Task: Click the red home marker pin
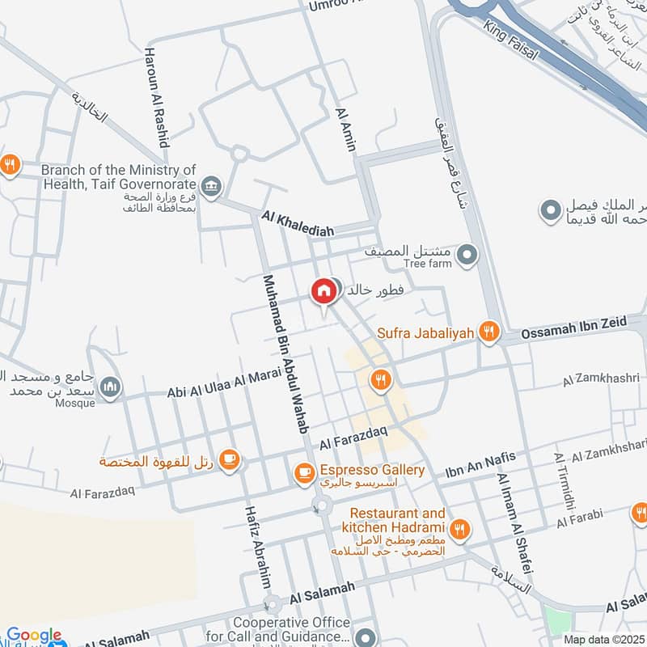323,291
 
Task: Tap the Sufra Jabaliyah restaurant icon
487,332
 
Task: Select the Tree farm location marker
467,256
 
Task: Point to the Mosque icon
111,387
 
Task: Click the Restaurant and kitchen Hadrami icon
459,530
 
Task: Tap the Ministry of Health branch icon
211,187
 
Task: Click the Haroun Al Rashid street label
157,96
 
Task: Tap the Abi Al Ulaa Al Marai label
217,385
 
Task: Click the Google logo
33,636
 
